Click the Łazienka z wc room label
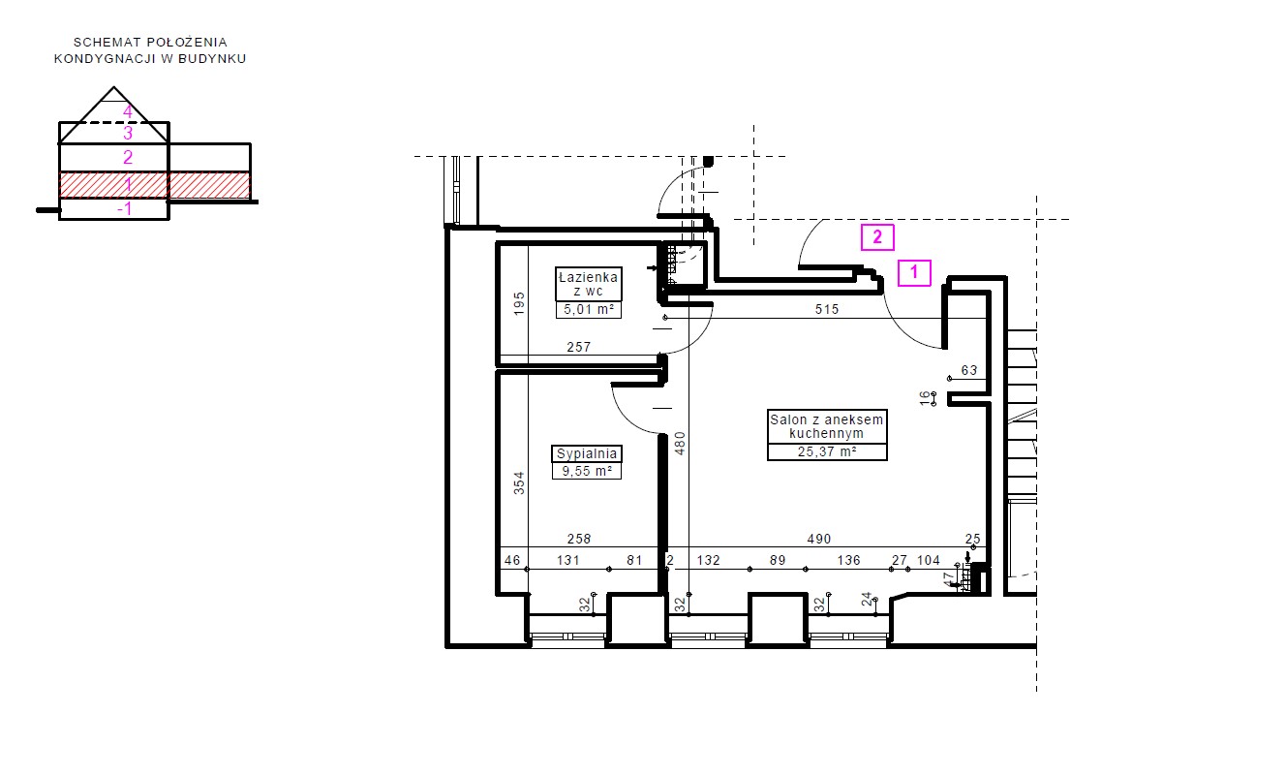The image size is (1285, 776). click(588, 284)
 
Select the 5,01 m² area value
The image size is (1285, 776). click(589, 310)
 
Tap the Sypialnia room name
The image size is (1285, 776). click(587, 453)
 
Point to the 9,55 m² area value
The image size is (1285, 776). click(587, 471)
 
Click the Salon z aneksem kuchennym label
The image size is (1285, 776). click(827, 426)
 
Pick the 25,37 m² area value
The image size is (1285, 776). click(827, 451)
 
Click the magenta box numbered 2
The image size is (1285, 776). click(877, 237)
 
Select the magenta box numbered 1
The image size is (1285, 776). click(914, 272)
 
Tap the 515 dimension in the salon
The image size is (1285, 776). click(827, 309)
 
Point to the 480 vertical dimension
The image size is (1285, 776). click(680, 443)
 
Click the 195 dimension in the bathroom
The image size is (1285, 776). click(519, 303)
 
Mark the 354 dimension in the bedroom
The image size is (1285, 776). click(519, 482)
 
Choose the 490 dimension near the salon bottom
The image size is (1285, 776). click(818, 539)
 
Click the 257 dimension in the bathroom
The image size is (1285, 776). click(578, 347)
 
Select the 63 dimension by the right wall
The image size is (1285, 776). click(969, 370)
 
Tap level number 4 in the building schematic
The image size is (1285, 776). click(128, 112)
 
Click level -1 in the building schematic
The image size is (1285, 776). click(125, 208)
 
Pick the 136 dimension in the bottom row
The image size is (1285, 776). click(848, 560)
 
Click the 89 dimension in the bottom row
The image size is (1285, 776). click(778, 560)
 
